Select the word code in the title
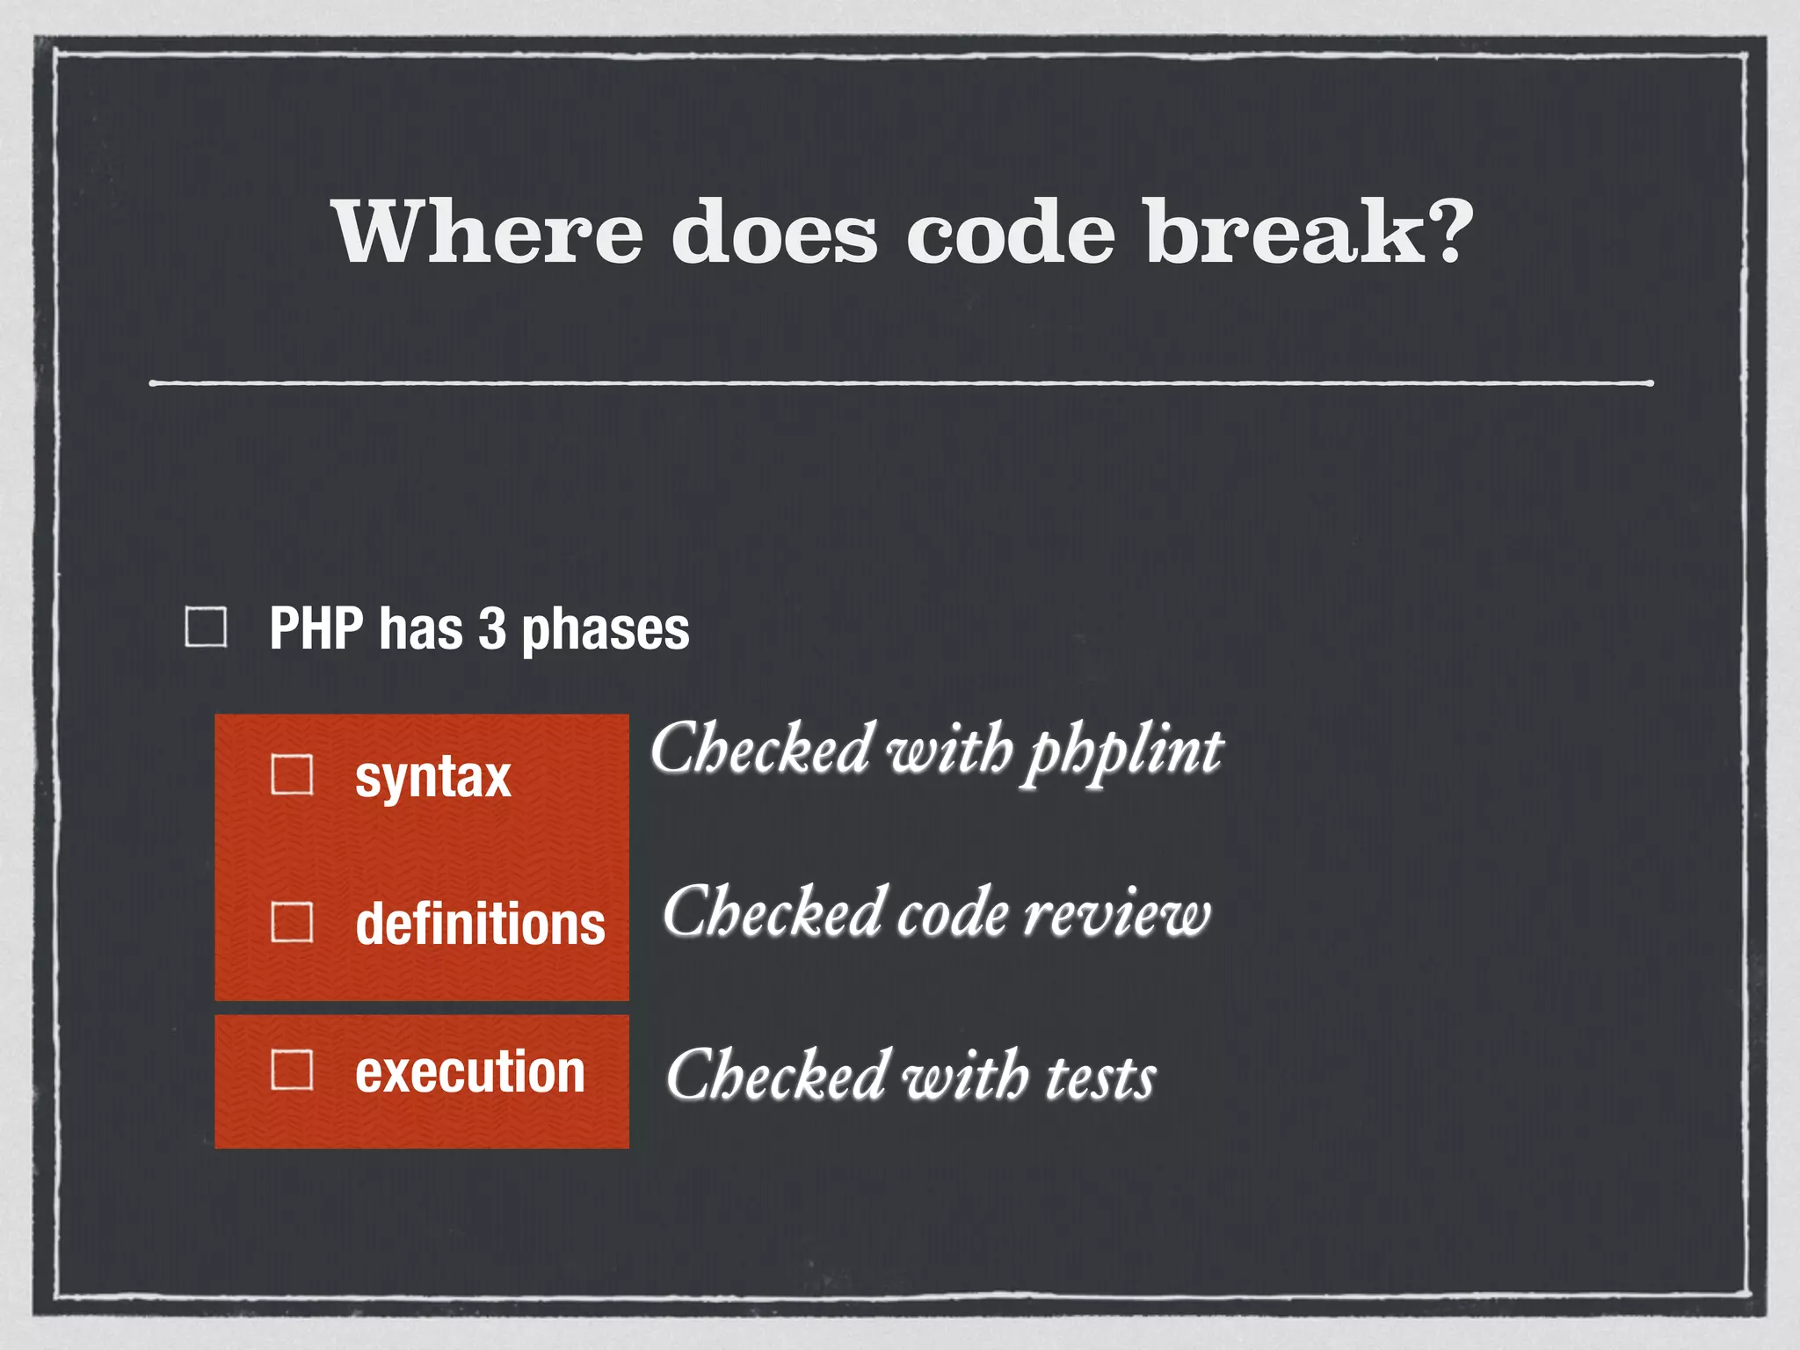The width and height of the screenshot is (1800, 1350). (x=1010, y=233)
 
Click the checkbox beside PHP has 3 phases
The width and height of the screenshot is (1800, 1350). (x=207, y=628)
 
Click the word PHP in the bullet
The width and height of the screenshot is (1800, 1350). (x=316, y=629)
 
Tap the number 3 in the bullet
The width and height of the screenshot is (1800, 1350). (x=492, y=629)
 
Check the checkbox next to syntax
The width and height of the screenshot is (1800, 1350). (x=292, y=775)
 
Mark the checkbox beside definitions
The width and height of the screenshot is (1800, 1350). (x=292, y=922)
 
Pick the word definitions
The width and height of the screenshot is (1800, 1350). (x=480, y=924)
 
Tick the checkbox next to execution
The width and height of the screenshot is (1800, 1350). (x=292, y=1071)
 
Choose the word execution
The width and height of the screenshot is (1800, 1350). (x=470, y=1072)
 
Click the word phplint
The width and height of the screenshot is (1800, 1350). (x=1126, y=752)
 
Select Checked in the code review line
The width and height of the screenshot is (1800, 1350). (x=773, y=912)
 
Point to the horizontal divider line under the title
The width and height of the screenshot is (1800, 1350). (x=901, y=383)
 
